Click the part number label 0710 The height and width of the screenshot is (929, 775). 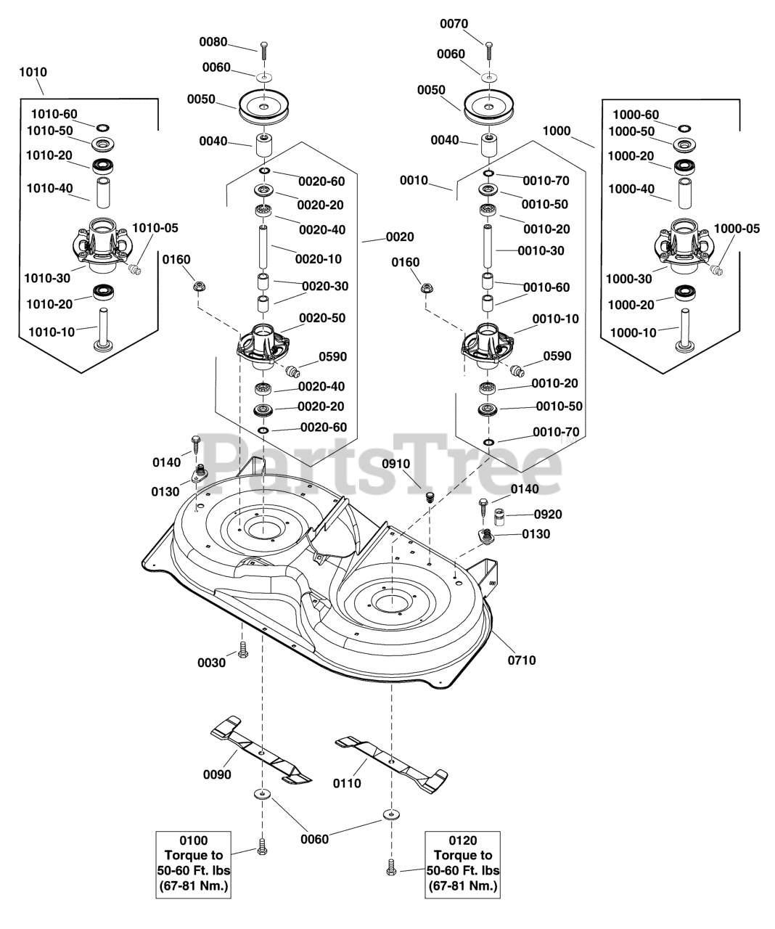(x=522, y=660)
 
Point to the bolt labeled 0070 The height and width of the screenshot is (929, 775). (x=488, y=53)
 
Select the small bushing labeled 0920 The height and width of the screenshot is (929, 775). (x=500, y=516)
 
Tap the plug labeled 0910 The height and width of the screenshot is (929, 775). (x=430, y=497)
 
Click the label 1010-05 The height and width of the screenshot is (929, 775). (x=155, y=228)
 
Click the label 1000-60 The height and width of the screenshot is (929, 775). (x=636, y=115)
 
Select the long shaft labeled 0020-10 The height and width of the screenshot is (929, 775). (x=263, y=247)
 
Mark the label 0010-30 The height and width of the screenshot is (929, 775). (x=541, y=250)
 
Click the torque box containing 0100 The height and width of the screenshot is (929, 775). (x=193, y=864)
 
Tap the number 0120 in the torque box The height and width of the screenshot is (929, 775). (x=463, y=840)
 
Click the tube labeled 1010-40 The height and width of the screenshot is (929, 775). (x=104, y=192)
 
